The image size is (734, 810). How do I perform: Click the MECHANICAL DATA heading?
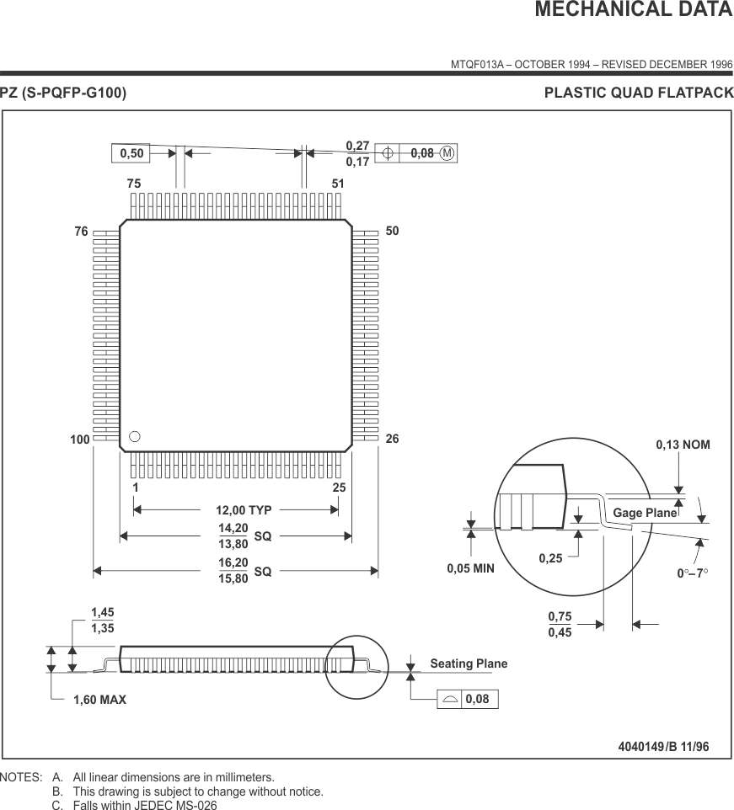pos(634,10)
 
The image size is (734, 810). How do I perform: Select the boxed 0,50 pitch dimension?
pos(131,153)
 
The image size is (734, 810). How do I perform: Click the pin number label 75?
pos(134,184)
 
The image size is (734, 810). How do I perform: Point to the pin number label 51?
pos(338,184)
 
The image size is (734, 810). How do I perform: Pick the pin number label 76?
pos(81,232)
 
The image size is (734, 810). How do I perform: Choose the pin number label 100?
pos(79,440)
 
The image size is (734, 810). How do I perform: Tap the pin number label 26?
pos(392,440)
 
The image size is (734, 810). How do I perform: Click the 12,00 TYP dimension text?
pos(244,509)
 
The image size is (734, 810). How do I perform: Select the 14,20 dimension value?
pos(233,528)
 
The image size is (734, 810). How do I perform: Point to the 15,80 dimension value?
pos(233,578)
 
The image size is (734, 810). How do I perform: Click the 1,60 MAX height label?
pos(99,699)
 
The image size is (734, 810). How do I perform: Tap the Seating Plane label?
pos(469,663)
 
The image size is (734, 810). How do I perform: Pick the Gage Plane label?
pos(645,513)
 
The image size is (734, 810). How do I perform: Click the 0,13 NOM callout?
pos(683,444)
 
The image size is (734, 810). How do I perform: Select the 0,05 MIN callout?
pos(470,568)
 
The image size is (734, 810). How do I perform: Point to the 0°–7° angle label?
pos(693,573)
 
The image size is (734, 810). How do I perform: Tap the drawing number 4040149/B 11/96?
pos(663,746)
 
